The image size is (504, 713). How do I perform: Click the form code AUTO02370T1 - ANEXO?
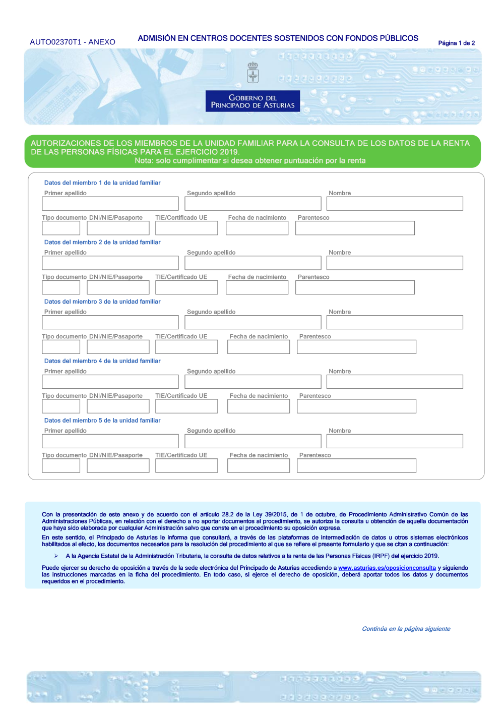point(73,42)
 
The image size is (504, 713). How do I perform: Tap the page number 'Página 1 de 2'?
point(456,43)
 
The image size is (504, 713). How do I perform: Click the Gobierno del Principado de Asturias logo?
point(253,101)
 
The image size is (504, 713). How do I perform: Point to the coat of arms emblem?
point(253,73)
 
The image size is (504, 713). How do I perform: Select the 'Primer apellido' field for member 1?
point(110,204)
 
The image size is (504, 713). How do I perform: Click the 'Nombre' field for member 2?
point(395,263)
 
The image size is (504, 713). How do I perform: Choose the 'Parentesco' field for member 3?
point(356,347)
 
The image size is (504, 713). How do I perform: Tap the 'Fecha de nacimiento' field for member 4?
point(259,406)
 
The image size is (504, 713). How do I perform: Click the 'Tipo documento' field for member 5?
point(61,465)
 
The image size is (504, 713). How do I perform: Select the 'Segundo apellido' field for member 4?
point(253,382)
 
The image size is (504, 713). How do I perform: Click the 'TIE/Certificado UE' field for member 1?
point(186,228)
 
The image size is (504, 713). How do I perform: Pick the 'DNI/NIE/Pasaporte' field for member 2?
point(118,287)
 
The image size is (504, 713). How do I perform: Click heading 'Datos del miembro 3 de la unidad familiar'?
point(102,302)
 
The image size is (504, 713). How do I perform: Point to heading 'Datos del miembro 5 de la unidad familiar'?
point(102,421)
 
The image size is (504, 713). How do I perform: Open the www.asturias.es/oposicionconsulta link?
point(387,568)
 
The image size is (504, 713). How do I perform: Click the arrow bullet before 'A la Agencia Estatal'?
point(56,556)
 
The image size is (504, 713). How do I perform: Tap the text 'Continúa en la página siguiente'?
point(406,629)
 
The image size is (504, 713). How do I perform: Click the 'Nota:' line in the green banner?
point(250,161)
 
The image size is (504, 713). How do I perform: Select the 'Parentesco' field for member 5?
point(356,465)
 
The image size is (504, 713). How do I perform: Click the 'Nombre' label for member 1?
point(340,193)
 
